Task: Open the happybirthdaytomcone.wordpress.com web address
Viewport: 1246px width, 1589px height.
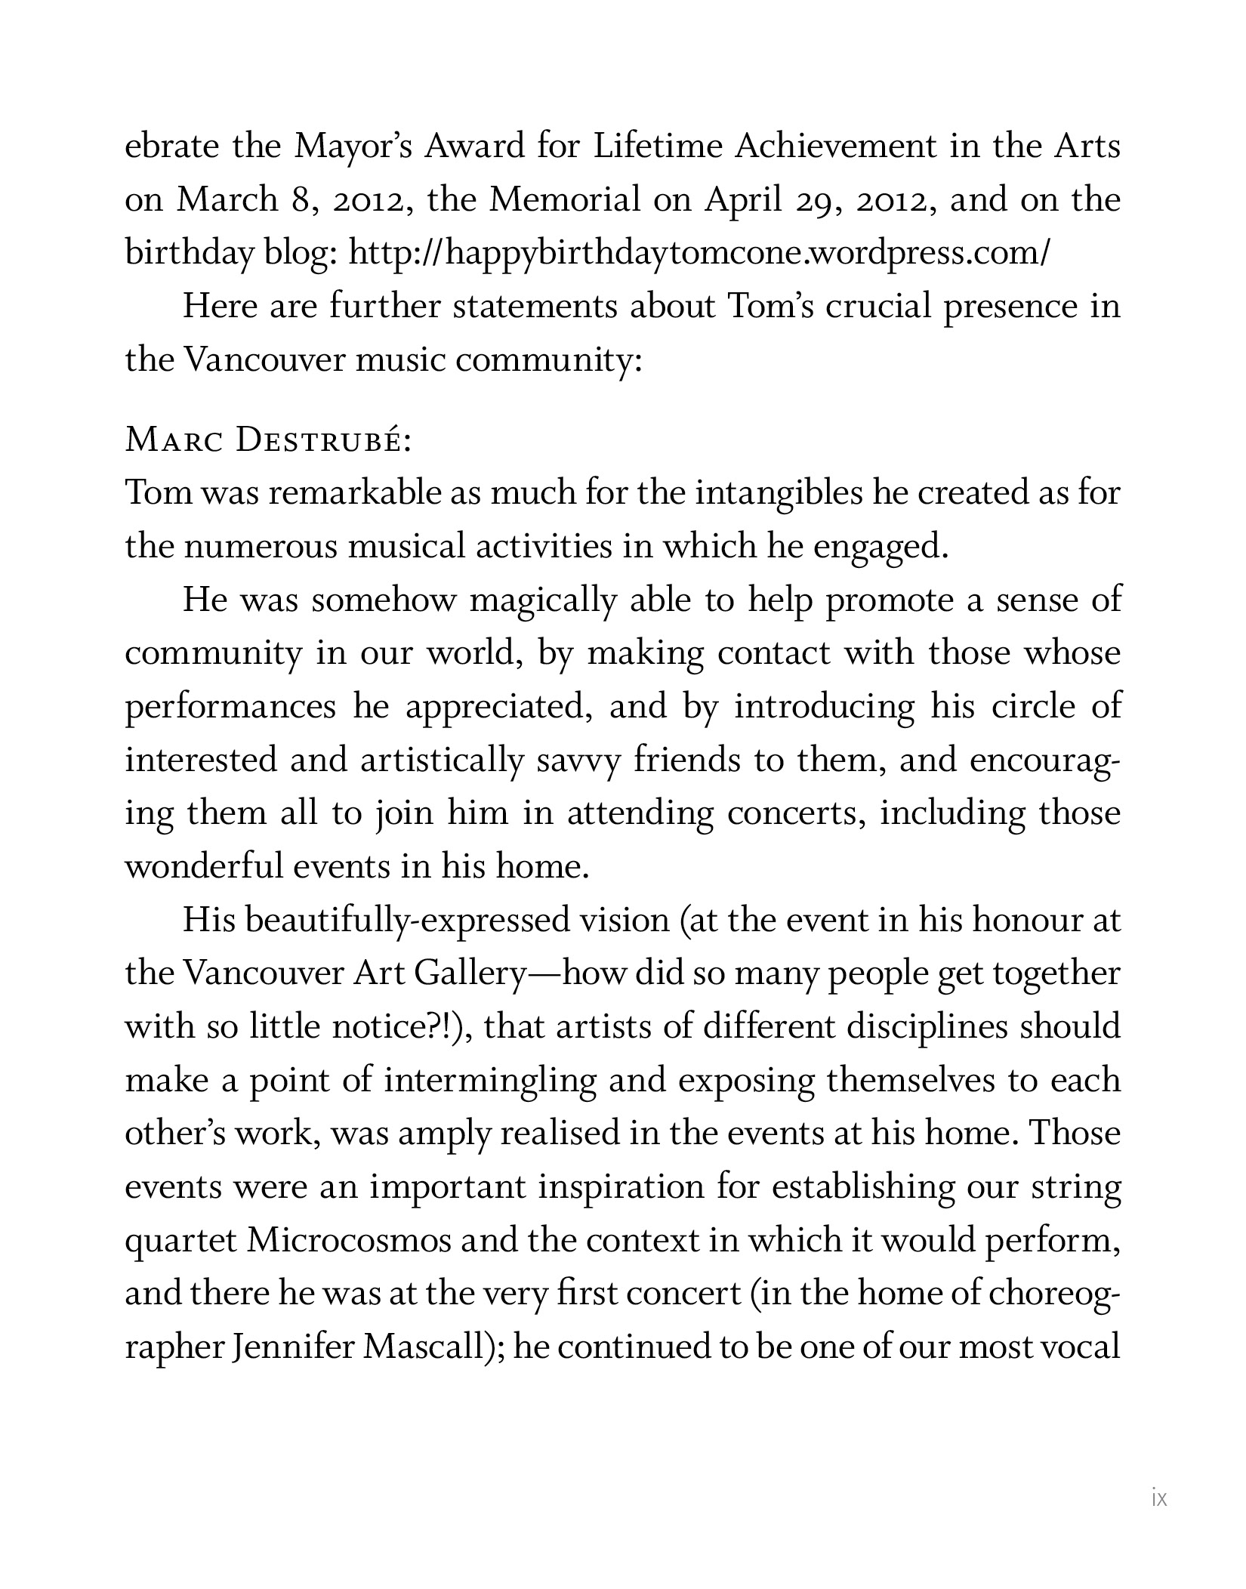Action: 698,254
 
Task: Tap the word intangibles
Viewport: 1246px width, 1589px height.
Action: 778,493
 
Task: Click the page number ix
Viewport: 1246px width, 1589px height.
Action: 1159,1498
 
